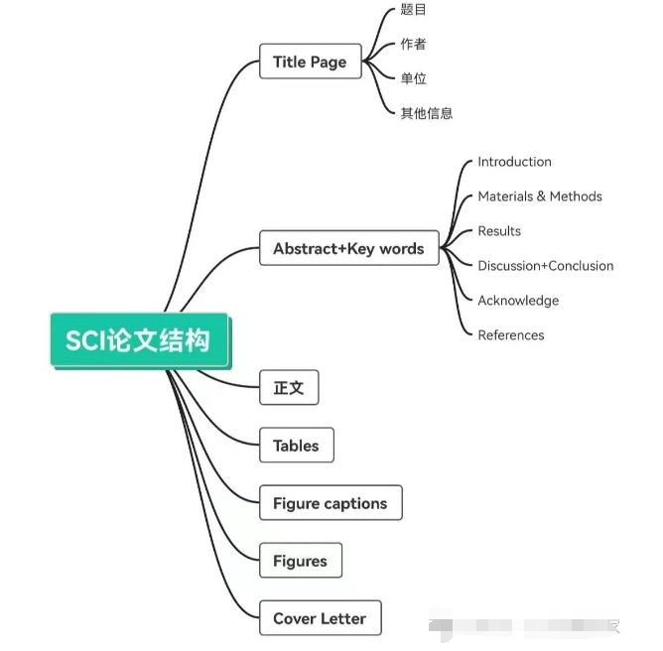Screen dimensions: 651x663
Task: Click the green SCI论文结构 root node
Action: [x=139, y=340]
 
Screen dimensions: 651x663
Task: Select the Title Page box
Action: [x=310, y=62]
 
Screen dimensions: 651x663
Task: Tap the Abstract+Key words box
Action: [x=347, y=248]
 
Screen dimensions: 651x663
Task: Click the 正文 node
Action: [x=288, y=388]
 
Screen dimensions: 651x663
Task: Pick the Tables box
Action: [x=296, y=446]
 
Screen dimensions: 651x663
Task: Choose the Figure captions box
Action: [x=330, y=503]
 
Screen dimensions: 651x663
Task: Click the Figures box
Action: [x=300, y=561]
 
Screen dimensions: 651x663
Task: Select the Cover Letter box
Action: [x=320, y=618]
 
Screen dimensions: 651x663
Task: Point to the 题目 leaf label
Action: [x=413, y=10]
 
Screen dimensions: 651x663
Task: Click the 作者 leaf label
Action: [x=413, y=45]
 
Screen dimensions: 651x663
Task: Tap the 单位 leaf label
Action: [x=413, y=78]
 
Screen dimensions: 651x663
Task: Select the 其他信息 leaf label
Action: [x=427, y=113]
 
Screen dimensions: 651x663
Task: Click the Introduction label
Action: [x=514, y=162]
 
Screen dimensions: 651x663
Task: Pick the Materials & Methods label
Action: [x=540, y=196]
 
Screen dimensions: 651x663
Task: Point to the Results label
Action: [x=499, y=231]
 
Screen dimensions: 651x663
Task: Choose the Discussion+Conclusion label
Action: [x=546, y=266]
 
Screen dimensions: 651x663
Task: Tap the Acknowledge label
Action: [x=518, y=301]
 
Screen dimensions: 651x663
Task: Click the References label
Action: [x=511, y=335]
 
